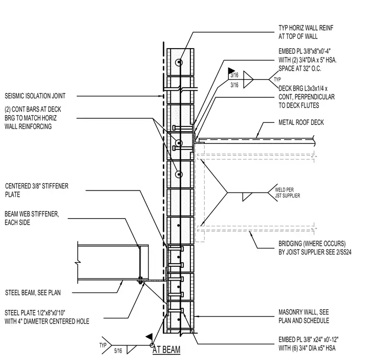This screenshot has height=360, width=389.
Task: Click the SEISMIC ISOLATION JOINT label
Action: coord(35,96)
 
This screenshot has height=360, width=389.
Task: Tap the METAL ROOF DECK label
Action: coord(301,122)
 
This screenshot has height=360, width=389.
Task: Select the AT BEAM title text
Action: coord(166,350)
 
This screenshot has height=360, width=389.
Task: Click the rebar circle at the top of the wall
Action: coord(178,62)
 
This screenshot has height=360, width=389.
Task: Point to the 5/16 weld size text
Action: coord(118,351)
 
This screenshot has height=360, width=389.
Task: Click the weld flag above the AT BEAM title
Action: coord(149,337)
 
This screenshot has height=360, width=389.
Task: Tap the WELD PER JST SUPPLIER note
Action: coord(287,193)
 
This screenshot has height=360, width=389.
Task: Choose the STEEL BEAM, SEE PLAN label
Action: coord(33,292)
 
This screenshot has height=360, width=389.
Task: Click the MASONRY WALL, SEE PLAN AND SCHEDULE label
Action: coord(304,316)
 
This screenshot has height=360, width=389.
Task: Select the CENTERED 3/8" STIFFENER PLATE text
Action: coord(36,190)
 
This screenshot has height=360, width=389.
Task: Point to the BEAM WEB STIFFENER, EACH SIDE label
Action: coord(32,218)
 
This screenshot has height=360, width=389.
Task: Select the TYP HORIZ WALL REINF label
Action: coord(306,28)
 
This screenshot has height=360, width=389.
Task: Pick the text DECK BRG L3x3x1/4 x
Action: coord(303,89)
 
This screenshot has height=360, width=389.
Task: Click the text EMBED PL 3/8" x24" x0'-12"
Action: coord(308,340)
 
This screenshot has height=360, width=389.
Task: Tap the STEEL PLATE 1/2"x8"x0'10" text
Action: coord(35,312)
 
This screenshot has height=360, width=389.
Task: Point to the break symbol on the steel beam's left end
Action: coord(78,262)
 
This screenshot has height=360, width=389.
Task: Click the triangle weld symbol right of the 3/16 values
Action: coord(248,80)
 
